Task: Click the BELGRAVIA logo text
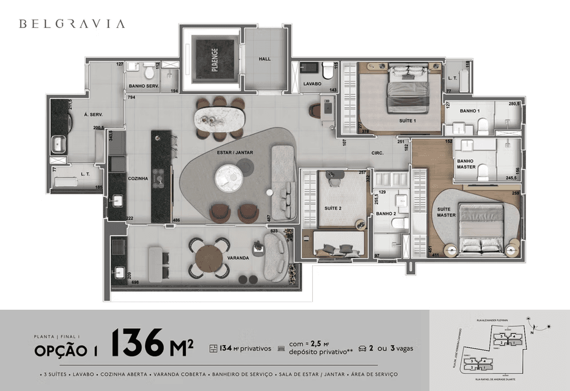pyautogui.click(x=72, y=24)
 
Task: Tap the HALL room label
pyautogui.click(x=264, y=59)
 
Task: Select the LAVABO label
pyautogui.click(x=313, y=83)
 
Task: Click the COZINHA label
pyautogui.click(x=138, y=179)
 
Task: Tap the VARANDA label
pyautogui.click(x=238, y=258)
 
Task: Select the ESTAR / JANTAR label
pyautogui.click(x=234, y=153)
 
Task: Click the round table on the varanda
pyautogui.click(x=209, y=259)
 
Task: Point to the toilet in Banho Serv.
pyautogui.click(x=149, y=73)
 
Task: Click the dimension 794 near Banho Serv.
pyautogui.click(x=131, y=98)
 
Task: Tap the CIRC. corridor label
pyautogui.click(x=377, y=153)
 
